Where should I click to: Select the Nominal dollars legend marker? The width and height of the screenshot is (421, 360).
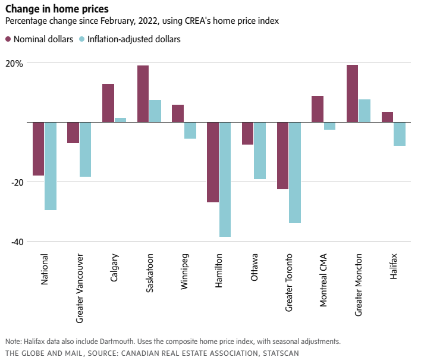(9, 39)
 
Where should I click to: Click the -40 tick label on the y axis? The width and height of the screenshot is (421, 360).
(15, 242)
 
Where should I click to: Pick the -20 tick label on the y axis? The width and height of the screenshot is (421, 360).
(15, 182)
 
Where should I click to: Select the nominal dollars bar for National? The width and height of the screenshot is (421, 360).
(39, 149)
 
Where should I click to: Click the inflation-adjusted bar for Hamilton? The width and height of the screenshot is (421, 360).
(225, 179)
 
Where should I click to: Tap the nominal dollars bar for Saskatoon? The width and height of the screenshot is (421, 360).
(143, 93)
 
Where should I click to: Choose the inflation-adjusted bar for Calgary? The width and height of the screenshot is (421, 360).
(120, 120)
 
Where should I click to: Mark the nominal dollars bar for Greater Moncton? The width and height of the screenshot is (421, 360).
(353, 93)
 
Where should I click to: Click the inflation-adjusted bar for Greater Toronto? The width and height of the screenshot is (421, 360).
(295, 173)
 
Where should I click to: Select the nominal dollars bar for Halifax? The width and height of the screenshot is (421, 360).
(387, 117)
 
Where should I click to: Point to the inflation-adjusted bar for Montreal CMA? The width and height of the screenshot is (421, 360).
(329, 126)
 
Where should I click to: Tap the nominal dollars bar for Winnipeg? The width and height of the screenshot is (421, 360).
(178, 113)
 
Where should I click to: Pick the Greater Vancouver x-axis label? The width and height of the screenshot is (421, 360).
(80, 288)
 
